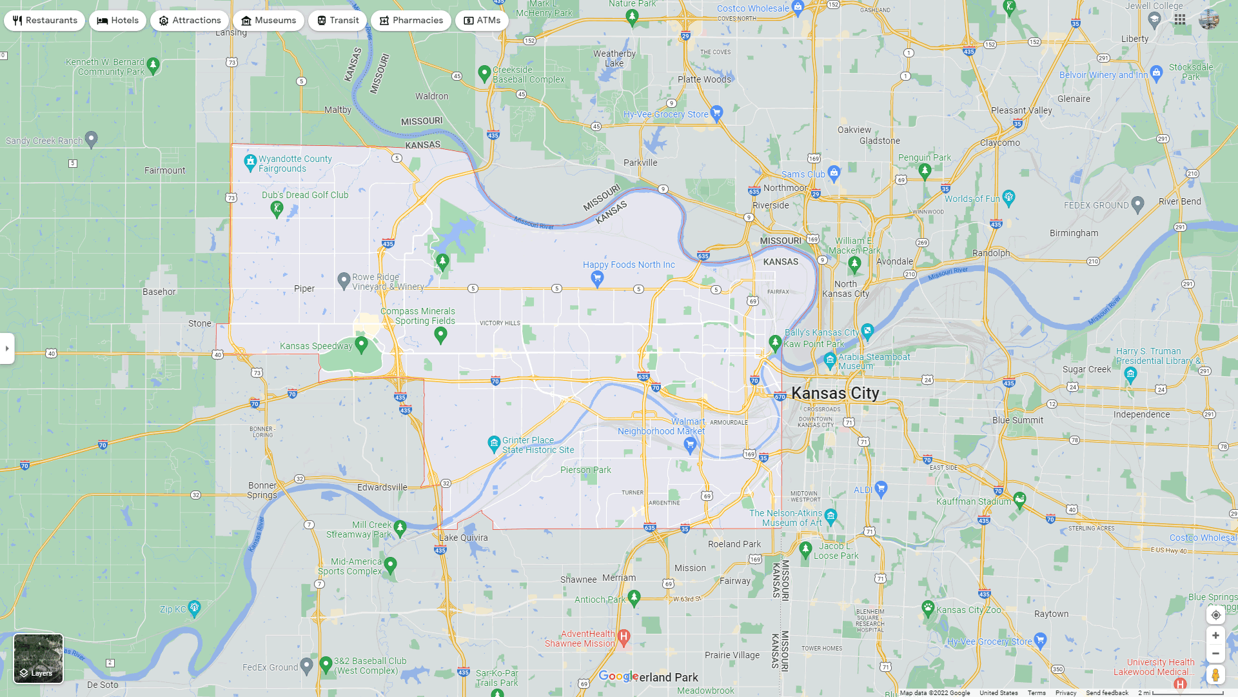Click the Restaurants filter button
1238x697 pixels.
pyautogui.click(x=44, y=21)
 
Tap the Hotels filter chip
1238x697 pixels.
pyautogui.click(x=118, y=21)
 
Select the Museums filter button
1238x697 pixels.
pyautogui.click(x=268, y=21)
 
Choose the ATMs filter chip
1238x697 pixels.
pyautogui.click(x=482, y=21)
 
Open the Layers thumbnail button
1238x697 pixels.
pyautogui.click(x=39, y=658)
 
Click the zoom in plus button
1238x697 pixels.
pyautogui.click(x=1215, y=636)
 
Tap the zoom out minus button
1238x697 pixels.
pyautogui.click(x=1215, y=654)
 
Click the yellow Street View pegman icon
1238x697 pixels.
pyautogui.click(x=1215, y=675)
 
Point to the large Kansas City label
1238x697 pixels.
pyautogui.click(x=835, y=393)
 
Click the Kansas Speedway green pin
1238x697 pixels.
pyautogui.click(x=362, y=345)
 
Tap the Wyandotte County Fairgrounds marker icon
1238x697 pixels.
pyautogui.click(x=250, y=162)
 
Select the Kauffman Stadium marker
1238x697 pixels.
pyautogui.click(x=1019, y=499)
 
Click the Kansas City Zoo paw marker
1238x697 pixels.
pyautogui.click(x=928, y=608)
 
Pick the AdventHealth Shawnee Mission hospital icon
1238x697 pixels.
pyautogui.click(x=624, y=637)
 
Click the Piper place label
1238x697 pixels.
pyautogui.click(x=304, y=288)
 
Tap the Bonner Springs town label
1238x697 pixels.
pyautogui.click(x=262, y=490)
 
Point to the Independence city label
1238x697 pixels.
pyautogui.click(x=1141, y=414)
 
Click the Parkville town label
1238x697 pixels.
pyautogui.click(x=640, y=163)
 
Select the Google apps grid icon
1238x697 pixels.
pyautogui.click(x=1180, y=20)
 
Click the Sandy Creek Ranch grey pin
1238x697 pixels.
pyautogui.click(x=92, y=139)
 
